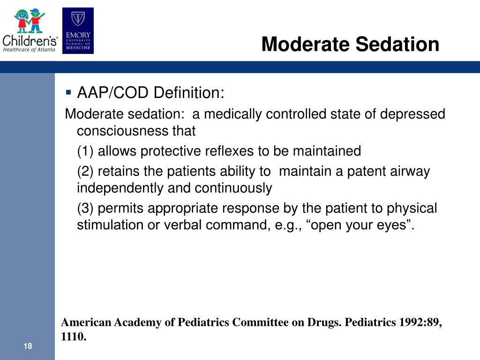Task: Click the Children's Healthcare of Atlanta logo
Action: [x=30, y=30]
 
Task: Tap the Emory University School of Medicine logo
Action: [x=78, y=31]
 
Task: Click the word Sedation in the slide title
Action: [x=397, y=45]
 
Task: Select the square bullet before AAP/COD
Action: [x=69, y=92]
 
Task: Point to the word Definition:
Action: [x=189, y=93]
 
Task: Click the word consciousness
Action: [x=123, y=131]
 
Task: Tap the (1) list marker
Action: [x=85, y=151]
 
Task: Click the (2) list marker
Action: [x=85, y=172]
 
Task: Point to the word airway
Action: [x=410, y=172]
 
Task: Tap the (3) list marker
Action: [x=85, y=208]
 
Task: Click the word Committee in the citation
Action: [x=262, y=322]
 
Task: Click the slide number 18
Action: [x=27, y=346]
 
